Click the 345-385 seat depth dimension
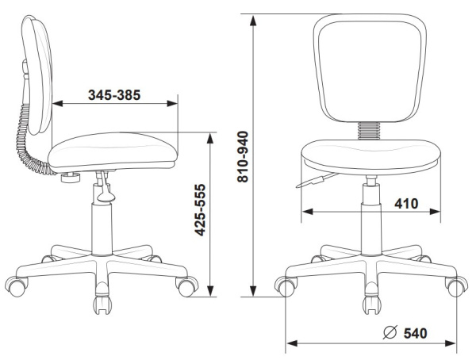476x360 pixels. [x=114, y=95]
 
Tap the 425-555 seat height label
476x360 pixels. [x=201, y=210]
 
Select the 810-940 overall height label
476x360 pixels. [x=243, y=157]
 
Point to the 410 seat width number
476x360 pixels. [x=406, y=203]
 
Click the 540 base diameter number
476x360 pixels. [x=415, y=333]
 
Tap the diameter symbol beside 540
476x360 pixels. [x=390, y=332]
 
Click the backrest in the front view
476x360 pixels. [x=370, y=68]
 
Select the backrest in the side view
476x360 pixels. [x=37, y=75]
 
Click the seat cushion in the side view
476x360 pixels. [x=113, y=151]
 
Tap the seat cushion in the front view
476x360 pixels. [x=370, y=157]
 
